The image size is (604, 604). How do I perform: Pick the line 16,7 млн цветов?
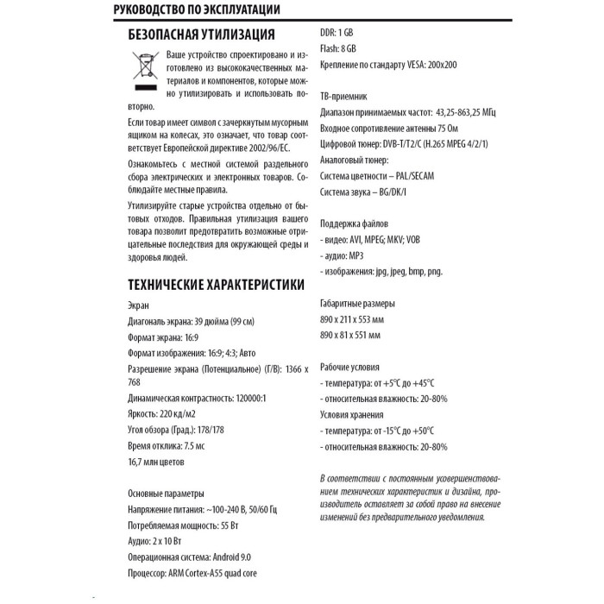[x=155, y=462]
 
